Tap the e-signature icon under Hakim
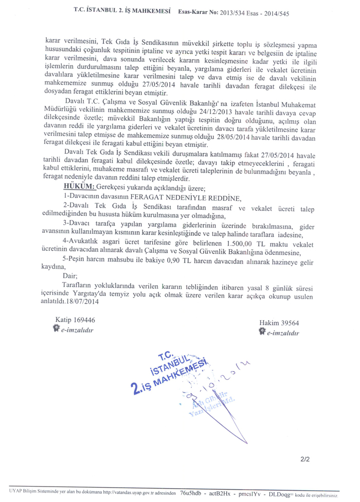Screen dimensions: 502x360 click(x=262, y=332)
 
